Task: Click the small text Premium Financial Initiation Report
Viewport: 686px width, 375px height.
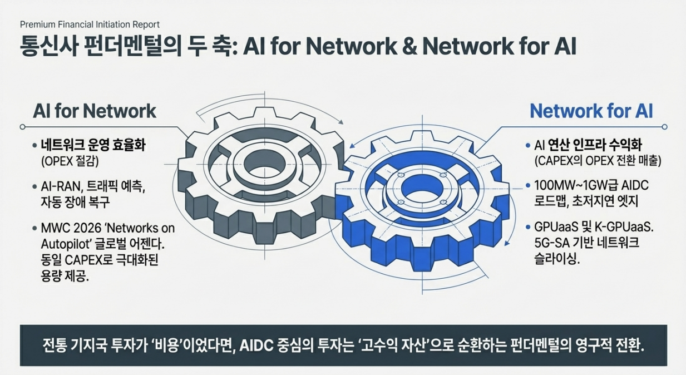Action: tap(90, 24)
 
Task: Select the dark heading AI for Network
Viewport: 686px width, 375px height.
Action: tap(95, 111)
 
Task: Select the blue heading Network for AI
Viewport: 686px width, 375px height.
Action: tap(591, 111)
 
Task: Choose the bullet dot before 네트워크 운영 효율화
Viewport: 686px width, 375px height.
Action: tap(34, 146)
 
